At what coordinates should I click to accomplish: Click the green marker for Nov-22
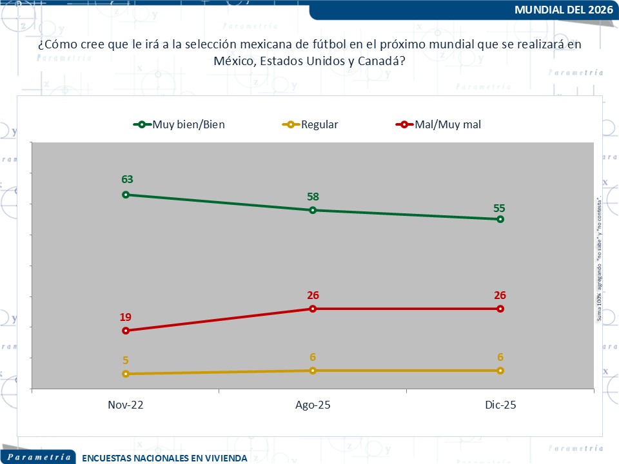[126, 195]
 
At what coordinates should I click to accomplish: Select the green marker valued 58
[313, 210]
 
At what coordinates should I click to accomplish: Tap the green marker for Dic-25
[500, 219]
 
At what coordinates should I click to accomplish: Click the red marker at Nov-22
[126, 331]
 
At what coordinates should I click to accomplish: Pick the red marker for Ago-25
[313, 309]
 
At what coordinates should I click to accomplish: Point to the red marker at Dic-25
[500, 309]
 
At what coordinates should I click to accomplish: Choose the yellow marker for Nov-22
[126, 374]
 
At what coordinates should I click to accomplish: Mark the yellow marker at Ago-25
[313, 371]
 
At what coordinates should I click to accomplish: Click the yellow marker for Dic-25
[500, 371]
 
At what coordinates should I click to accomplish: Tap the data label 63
[126, 180]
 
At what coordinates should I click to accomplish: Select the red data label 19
[126, 316]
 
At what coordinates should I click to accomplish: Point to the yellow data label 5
[126, 360]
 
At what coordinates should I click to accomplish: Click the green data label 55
[500, 208]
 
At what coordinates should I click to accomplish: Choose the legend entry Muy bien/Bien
[188, 124]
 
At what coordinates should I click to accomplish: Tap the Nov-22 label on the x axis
[126, 405]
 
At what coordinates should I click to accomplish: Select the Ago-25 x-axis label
[313, 405]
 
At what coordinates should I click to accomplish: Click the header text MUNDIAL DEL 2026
[565, 10]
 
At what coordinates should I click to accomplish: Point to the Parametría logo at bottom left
[39, 456]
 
